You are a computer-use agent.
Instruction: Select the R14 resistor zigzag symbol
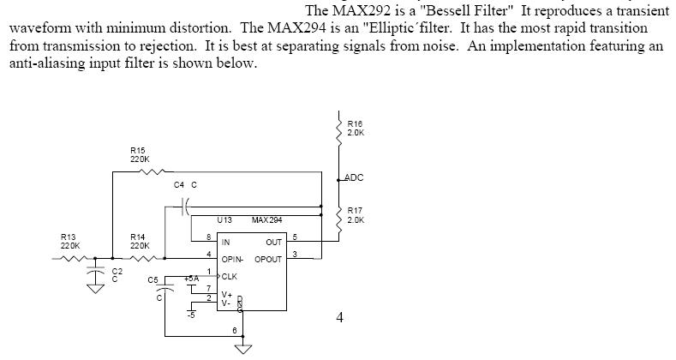(x=147, y=256)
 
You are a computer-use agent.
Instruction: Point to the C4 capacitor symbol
(x=186, y=206)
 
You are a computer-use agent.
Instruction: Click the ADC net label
(x=353, y=177)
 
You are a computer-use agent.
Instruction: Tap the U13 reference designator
(x=224, y=220)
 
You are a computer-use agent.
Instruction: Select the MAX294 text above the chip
(x=267, y=220)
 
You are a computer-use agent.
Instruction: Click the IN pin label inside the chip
(x=226, y=243)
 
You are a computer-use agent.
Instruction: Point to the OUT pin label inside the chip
(x=273, y=243)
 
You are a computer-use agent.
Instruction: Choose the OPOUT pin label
(x=267, y=259)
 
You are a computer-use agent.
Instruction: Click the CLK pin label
(x=230, y=276)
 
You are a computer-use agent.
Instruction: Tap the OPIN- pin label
(x=233, y=259)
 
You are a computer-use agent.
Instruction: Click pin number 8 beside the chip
(x=209, y=236)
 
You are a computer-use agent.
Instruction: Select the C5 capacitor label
(x=153, y=279)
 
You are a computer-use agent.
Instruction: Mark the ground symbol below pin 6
(x=245, y=348)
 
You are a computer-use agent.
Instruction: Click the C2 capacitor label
(x=117, y=273)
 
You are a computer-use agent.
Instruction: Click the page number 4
(x=340, y=318)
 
